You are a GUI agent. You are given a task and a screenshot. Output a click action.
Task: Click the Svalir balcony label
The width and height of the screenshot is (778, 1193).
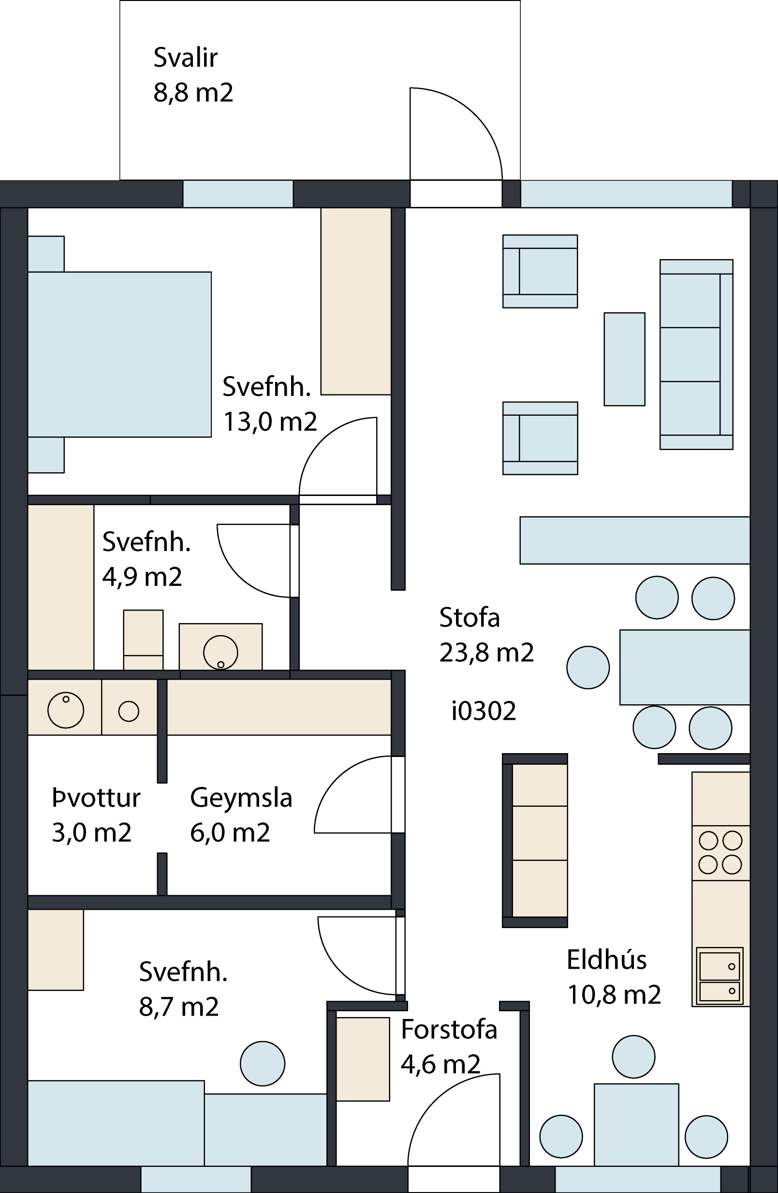click(x=186, y=58)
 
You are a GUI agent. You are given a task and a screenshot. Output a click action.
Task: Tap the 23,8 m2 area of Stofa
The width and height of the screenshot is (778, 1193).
click(x=487, y=653)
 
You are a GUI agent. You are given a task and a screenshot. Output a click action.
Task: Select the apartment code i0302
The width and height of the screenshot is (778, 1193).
click(x=484, y=711)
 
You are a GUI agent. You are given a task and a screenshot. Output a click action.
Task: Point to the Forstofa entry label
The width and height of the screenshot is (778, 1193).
click(x=449, y=1030)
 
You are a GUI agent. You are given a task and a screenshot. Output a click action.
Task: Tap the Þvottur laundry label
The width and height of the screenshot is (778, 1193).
click(x=96, y=798)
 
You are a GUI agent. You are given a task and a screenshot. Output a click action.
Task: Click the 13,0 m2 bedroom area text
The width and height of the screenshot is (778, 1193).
click(x=270, y=422)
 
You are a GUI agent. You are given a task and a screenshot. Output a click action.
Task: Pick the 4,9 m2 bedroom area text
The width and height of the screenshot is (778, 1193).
click(x=142, y=577)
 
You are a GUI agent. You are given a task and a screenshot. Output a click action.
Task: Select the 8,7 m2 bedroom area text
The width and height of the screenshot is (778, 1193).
click(x=179, y=1007)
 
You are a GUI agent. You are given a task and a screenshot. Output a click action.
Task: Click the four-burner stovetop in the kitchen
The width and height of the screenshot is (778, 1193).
click(x=721, y=853)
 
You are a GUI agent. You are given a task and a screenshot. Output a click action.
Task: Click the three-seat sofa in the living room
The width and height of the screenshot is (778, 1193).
click(x=696, y=354)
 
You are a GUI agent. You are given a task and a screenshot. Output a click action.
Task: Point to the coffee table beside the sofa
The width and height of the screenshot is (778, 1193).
click(x=625, y=359)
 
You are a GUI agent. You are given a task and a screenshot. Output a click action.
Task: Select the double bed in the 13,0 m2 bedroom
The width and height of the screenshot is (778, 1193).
click(x=119, y=354)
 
